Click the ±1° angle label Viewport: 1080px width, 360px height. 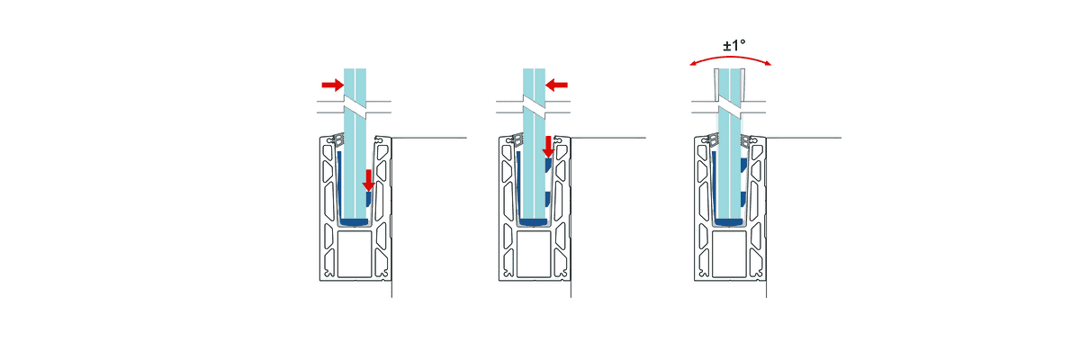click(729, 46)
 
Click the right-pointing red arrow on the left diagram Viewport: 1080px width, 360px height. click(332, 85)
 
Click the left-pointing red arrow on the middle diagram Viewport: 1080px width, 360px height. click(557, 85)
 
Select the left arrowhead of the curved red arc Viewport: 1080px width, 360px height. click(691, 63)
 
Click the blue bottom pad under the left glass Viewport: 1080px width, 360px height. click(354, 220)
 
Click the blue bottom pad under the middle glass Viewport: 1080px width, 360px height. click(534, 220)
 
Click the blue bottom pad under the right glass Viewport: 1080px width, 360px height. click(728, 220)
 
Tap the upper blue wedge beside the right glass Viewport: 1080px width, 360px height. click(743, 166)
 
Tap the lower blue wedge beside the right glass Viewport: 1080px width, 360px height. click(743, 199)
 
